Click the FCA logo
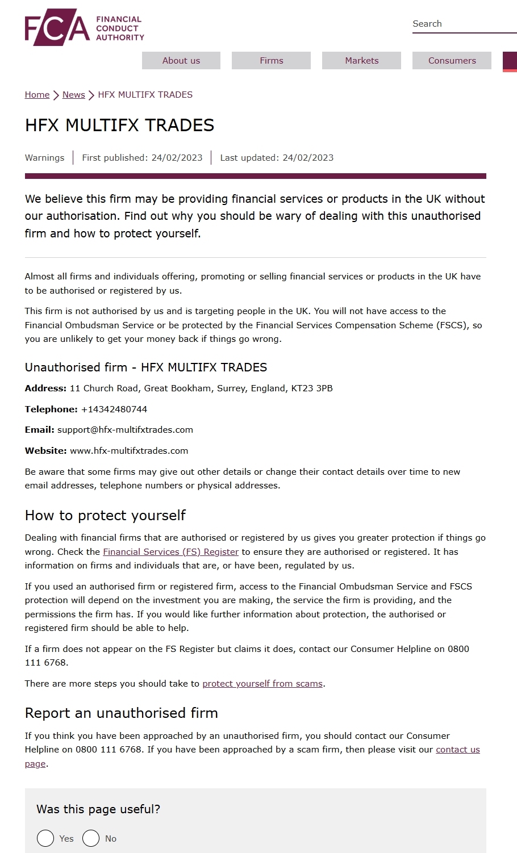pos(84,27)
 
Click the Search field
pos(463,24)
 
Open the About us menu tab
pos(181,61)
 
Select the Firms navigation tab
pos(271,61)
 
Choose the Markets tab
pos(361,61)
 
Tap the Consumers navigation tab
pos(452,61)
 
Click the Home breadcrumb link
pos(37,95)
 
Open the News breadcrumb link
pos(73,95)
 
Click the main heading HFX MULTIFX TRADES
pos(119,126)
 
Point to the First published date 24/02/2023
pos(177,158)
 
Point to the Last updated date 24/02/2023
pos(307,158)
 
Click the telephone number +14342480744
pos(114,409)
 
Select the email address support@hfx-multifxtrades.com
pos(125,430)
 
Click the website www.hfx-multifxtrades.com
pos(129,451)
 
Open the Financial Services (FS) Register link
pos(170,552)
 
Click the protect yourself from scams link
pos(262,684)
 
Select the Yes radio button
pos(45,838)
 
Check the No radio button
pos(91,838)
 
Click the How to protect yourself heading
pos(105,516)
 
